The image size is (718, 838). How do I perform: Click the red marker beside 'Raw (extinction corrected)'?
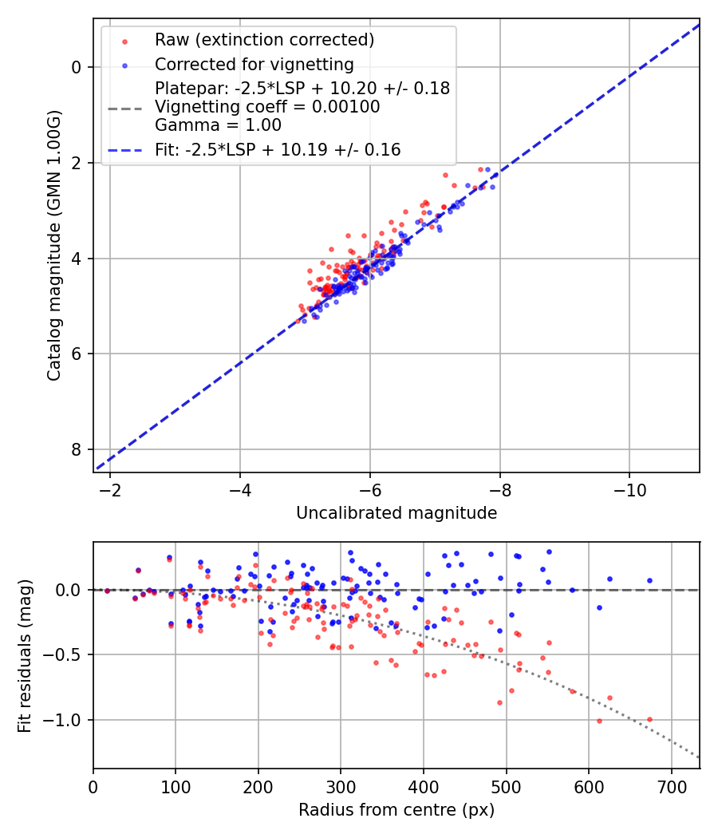pos(124,41)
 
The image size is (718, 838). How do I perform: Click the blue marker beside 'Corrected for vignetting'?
pos(124,65)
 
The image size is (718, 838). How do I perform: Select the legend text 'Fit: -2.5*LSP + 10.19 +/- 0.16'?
pos(278,149)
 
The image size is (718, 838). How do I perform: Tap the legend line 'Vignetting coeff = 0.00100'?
pos(267,107)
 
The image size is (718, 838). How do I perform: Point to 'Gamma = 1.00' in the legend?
pos(218,125)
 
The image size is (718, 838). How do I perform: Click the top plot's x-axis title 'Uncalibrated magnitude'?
pos(396,513)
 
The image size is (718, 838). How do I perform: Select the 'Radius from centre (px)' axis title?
pos(396,810)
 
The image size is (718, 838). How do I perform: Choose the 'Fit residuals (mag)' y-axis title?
pos(25,656)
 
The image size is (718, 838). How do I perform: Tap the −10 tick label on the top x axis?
pos(629,488)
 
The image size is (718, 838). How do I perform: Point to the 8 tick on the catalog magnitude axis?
pos(77,449)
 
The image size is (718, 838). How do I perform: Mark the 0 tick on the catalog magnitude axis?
pos(77,67)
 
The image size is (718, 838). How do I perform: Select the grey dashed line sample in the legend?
pos(124,107)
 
